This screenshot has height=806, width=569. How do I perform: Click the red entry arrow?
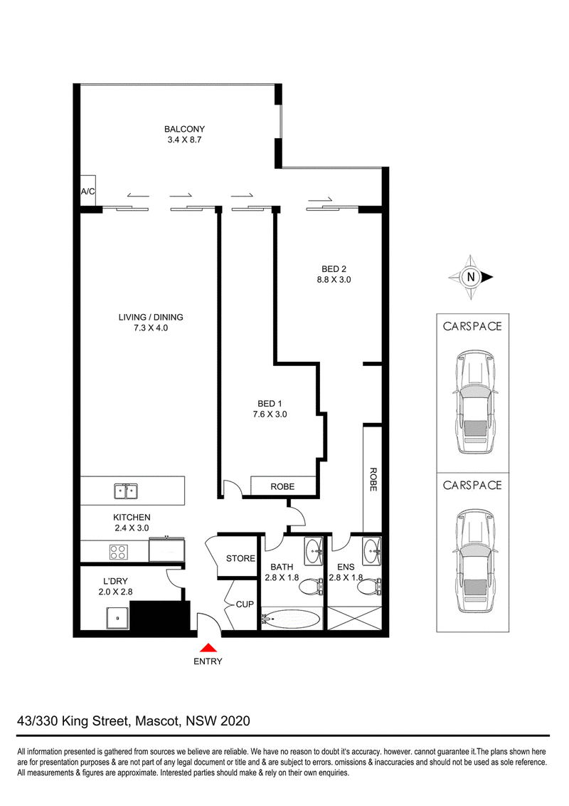pyautogui.click(x=208, y=648)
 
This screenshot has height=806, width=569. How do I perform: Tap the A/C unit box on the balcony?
pyautogui.click(x=87, y=192)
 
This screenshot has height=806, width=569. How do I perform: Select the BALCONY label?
pyautogui.click(x=184, y=129)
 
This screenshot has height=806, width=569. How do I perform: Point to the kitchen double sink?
pyautogui.click(x=126, y=491)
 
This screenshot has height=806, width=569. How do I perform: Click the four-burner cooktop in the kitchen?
pyautogui.click(x=119, y=552)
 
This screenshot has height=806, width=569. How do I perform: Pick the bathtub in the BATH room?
pyautogui.click(x=291, y=618)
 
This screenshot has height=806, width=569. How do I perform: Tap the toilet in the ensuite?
pyautogui.click(x=369, y=585)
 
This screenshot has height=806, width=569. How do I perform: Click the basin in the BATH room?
pyautogui.click(x=313, y=552)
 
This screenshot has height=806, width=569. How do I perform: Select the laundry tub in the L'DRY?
pyautogui.click(x=117, y=617)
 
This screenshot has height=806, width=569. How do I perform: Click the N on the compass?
pyautogui.click(x=470, y=277)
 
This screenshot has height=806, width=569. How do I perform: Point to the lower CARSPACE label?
pyautogui.click(x=472, y=486)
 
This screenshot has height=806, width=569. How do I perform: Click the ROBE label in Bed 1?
pyautogui.click(x=282, y=486)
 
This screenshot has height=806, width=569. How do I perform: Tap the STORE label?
pyautogui.click(x=240, y=558)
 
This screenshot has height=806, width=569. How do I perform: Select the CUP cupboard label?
pyautogui.click(x=245, y=604)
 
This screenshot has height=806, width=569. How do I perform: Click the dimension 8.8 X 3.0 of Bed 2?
pyautogui.click(x=334, y=280)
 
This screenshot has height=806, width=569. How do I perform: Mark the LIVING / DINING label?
pyautogui.click(x=151, y=317)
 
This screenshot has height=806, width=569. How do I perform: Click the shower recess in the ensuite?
pyautogui.click(x=354, y=618)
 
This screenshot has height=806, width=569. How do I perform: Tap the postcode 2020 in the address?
pyautogui.click(x=235, y=721)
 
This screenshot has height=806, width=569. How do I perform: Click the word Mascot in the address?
pyautogui.click(x=158, y=721)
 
